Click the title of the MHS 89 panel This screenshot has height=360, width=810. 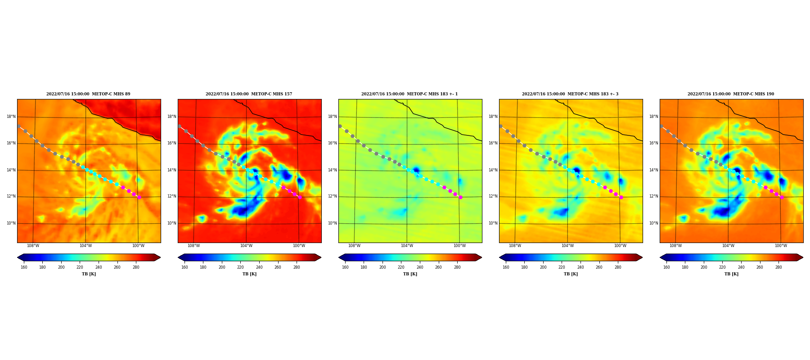tap(88, 94)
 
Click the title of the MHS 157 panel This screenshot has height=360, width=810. tap(249, 94)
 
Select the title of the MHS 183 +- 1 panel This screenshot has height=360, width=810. tap(409, 94)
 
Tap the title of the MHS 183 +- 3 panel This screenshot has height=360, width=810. tap(570, 94)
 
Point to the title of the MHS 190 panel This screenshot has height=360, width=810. tap(731, 94)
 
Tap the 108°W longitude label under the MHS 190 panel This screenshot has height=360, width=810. tap(675, 246)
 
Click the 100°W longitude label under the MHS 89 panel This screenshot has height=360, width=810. tap(138, 246)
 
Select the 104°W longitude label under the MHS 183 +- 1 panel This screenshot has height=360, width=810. tap(407, 246)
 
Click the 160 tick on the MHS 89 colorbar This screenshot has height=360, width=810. tap(24, 267)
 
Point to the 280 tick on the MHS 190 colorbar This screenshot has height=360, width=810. tap(778, 267)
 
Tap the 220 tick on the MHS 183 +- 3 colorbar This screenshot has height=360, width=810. tap(562, 267)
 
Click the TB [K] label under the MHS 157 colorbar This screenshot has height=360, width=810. tap(250, 274)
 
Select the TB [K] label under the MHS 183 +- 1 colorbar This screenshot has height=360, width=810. tap(410, 274)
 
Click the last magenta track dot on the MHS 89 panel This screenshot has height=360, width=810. tap(139, 197)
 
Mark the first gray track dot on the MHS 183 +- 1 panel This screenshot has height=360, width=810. tap(340, 126)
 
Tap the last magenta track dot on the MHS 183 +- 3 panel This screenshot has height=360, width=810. tap(621, 197)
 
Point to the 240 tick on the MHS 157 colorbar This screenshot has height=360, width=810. tap(259, 267)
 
